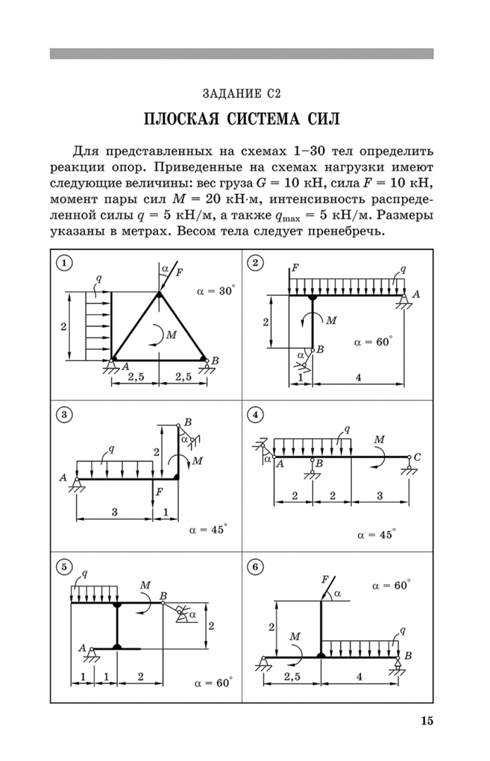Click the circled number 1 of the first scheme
click(64, 263)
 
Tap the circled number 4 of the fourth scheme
click(255, 415)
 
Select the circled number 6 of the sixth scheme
click(255, 567)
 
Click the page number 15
click(427, 721)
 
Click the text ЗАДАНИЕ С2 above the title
click(242, 94)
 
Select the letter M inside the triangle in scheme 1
click(171, 335)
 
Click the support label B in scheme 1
click(215, 361)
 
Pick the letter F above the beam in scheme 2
click(294, 268)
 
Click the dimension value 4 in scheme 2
click(358, 377)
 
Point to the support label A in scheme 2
click(416, 294)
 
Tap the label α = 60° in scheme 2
click(373, 342)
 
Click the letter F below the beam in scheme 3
click(159, 492)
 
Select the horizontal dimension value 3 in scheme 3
click(115, 512)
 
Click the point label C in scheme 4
click(417, 457)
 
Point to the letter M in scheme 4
click(379, 440)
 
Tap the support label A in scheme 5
click(82, 648)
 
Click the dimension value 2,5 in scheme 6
click(293, 676)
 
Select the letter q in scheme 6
click(402, 631)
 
